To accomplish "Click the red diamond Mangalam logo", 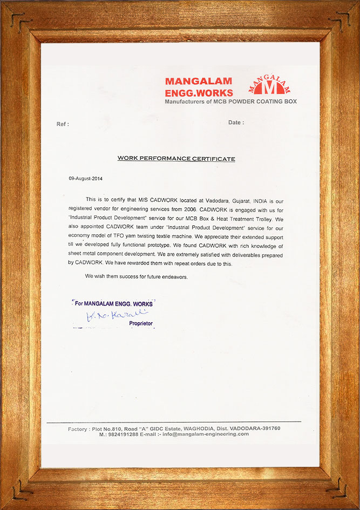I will (272, 85).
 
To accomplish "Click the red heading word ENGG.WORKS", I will (199, 93).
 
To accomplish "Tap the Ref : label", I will (63, 124).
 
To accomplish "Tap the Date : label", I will (236, 123).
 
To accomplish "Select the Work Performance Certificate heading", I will (176, 159).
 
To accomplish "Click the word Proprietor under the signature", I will (141, 323).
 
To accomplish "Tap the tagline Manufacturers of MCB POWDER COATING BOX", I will (230, 101).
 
